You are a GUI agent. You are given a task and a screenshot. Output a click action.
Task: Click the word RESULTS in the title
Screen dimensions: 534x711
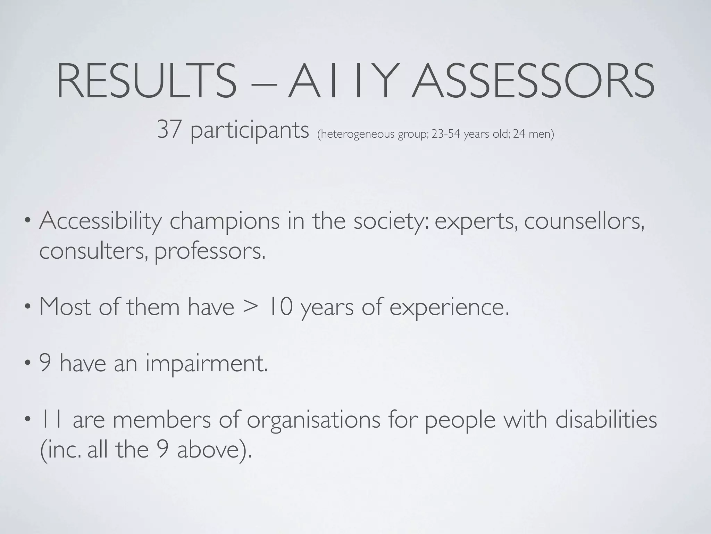coord(146,81)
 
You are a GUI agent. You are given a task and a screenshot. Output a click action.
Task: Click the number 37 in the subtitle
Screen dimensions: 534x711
coord(169,130)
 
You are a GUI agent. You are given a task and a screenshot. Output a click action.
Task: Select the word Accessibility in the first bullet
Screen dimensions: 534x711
coord(101,221)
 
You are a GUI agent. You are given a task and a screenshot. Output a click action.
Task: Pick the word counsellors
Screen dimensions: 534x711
coord(584,221)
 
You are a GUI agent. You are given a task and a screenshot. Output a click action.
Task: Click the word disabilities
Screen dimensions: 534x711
coord(606,420)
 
